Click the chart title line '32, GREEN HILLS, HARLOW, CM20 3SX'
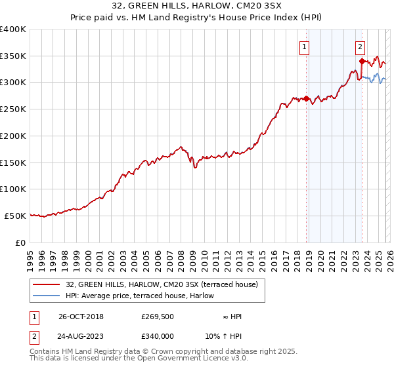click(x=196, y=7)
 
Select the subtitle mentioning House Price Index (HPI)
click(x=196, y=18)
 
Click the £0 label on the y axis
click(x=20, y=242)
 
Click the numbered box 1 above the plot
click(x=305, y=47)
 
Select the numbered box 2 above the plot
click(x=361, y=47)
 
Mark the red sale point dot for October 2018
click(x=306, y=99)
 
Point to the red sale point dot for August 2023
click(x=362, y=62)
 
